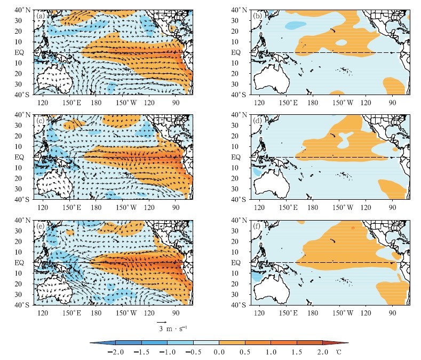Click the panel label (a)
click(x=41, y=16)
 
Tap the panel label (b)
click(x=257, y=16)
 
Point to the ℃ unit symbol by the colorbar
click(x=338, y=353)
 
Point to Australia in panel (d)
click(x=272, y=184)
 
